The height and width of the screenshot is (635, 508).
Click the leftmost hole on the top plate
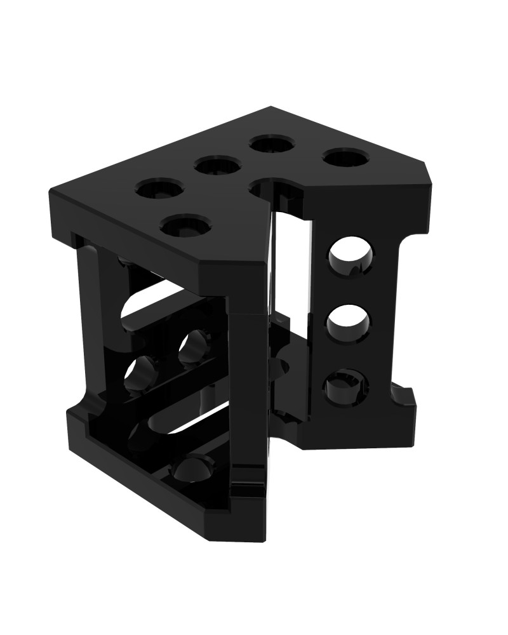coord(159,189)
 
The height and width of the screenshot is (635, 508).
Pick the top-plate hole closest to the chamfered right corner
coord(346,157)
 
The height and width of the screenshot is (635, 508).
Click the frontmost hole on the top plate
coord(187,225)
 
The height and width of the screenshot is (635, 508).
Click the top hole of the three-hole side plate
coord(350,257)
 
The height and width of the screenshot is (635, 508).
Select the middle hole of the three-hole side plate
coord(349,324)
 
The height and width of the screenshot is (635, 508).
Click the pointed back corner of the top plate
coord(271,107)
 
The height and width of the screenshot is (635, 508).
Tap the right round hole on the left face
coord(194,346)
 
